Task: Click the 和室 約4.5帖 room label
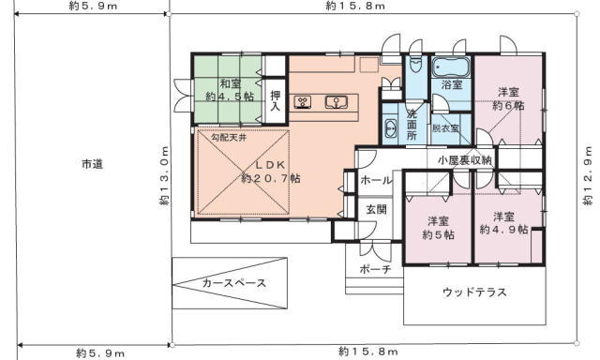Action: pyautogui.click(x=230, y=89)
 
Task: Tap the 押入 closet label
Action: pyautogui.click(x=275, y=100)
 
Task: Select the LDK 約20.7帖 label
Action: pyautogui.click(x=271, y=172)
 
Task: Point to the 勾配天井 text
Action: pyautogui.click(x=229, y=137)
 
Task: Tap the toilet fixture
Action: pyautogui.click(x=413, y=66)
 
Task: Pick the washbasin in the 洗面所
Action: pyautogui.click(x=390, y=128)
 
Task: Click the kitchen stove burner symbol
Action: pyautogui.click(x=302, y=102)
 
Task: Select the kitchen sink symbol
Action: pyautogui.click(x=337, y=102)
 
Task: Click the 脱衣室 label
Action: pyautogui.click(x=445, y=128)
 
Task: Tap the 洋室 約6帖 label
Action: pyautogui.click(x=508, y=98)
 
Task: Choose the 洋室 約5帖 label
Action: pyautogui.click(x=438, y=228)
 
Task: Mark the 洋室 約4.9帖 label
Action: pyautogui.click(x=503, y=223)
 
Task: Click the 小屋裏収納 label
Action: pyautogui.click(x=465, y=160)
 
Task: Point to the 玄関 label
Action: pyautogui.click(x=376, y=209)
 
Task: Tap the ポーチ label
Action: pyautogui.click(x=375, y=269)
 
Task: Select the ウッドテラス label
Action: pyautogui.click(x=474, y=292)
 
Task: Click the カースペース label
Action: pyautogui.click(x=233, y=283)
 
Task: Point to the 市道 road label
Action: pyautogui.click(x=92, y=164)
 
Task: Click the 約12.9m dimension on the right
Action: pyautogui.click(x=588, y=175)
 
